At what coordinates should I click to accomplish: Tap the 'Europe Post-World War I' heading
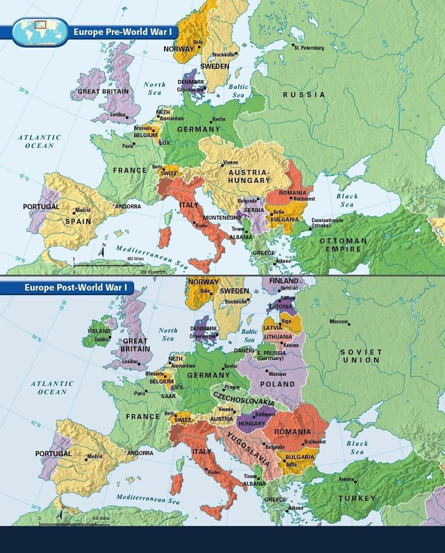(76, 288)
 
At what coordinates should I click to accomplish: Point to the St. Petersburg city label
(310, 48)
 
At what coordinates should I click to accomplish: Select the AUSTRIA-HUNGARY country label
(249, 177)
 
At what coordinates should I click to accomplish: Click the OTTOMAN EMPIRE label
(343, 245)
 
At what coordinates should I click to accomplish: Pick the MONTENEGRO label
(222, 218)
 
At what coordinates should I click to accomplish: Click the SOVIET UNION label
(360, 356)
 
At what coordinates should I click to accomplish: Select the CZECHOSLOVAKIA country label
(243, 398)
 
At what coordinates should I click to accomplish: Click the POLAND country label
(277, 384)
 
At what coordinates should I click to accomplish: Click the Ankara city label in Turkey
(346, 479)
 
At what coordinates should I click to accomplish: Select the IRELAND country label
(99, 331)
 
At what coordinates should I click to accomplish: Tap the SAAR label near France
(168, 396)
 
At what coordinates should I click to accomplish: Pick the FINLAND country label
(284, 281)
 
